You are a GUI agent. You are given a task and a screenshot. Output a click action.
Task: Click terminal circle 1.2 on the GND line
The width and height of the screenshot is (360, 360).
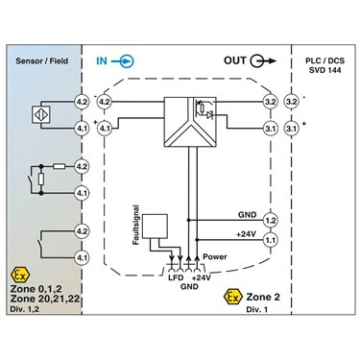click(271, 221)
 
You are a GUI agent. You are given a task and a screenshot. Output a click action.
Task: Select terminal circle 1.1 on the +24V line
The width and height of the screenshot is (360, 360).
click(271, 240)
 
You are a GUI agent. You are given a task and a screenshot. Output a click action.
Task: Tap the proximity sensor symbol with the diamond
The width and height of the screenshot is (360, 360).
click(41, 114)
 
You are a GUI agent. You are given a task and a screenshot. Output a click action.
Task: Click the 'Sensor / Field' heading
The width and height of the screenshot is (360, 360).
click(42, 60)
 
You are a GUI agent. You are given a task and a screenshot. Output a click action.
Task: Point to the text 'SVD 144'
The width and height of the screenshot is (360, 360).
click(324, 70)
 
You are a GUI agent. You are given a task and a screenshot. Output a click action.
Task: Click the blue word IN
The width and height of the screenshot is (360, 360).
click(102, 60)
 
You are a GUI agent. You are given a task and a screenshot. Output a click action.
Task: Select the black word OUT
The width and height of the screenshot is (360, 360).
click(235, 60)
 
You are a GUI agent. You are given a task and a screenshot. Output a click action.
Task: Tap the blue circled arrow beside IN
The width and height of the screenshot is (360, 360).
click(123, 61)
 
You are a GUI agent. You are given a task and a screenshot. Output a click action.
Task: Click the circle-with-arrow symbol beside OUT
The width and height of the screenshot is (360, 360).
click(263, 60)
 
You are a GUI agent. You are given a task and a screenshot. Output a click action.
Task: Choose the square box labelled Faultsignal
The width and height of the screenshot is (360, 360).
click(155, 227)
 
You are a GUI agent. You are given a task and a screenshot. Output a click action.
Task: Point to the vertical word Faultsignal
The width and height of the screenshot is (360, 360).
click(136, 225)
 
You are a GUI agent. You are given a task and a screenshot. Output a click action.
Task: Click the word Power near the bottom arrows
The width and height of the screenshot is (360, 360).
click(215, 256)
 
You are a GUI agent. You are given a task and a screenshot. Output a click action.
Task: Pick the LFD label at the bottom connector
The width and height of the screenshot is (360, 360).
click(176, 277)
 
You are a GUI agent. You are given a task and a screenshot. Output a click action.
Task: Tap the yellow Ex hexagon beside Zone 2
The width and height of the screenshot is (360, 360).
click(233, 297)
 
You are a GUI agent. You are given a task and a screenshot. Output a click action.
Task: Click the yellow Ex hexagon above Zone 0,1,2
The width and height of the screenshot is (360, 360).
click(20, 274)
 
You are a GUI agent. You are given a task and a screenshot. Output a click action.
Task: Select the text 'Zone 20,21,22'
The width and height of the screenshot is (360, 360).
click(45, 299)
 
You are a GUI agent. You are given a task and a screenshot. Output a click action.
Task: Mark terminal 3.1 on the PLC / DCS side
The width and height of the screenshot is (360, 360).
click(291, 129)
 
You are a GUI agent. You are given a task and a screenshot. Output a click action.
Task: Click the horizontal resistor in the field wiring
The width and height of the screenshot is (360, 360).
click(60, 166)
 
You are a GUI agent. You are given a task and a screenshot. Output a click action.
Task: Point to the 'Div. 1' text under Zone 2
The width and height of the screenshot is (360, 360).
click(257, 309)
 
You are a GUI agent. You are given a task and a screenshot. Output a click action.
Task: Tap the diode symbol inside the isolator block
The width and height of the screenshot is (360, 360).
click(210, 115)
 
